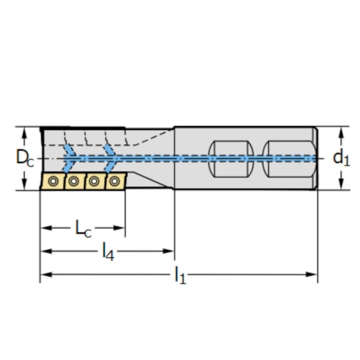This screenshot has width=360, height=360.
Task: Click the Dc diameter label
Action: [x=23, y=158]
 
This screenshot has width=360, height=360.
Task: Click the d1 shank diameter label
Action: [x=340, y=158]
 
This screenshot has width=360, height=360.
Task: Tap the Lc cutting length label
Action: [x=83, y=228]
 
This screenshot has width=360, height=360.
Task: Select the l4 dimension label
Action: [x=108, y=251]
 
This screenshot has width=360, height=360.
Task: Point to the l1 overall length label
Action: [x=180, y=275]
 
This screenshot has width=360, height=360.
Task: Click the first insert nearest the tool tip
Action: [x=53, y=181]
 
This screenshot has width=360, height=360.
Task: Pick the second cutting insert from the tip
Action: [x=73, y=181]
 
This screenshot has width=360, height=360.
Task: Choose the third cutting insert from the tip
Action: [x=94, y=181]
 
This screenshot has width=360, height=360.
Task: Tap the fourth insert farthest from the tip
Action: [x=115, y=181]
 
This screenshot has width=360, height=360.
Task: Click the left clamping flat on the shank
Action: [x=230, y=158]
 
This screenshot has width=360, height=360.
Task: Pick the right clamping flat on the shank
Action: [x=288, y=158]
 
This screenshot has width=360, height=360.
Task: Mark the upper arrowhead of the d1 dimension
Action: [x=341, y=131]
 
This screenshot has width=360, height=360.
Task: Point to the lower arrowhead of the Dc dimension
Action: [x=24, y=186]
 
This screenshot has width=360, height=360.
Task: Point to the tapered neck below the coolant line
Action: [x=150, y=174]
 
